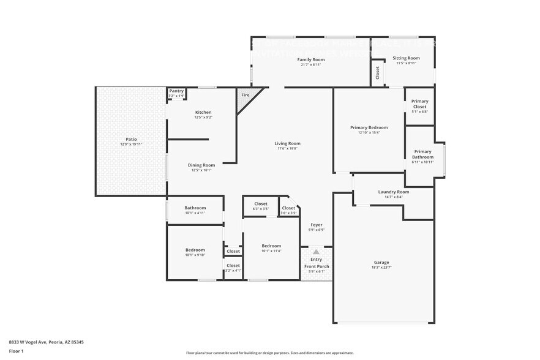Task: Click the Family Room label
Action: click(x=310, y=59)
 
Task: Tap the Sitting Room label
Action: click(x=406, y=58)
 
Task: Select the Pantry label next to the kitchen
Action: click(x=176, y=91)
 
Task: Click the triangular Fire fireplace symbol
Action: click(x=246, y=96)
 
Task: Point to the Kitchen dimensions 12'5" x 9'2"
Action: click(x=203, y=117)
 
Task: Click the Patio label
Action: click(x=131, y=140)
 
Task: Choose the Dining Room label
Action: click(x=201, y=165)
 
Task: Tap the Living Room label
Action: click(x=287, y=143)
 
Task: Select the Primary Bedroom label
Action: click(x=369, y=127)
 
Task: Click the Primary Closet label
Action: click(x=419, y=103)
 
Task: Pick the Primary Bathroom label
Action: click(x=422, y=154)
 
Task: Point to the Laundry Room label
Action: click(x=393, y=192)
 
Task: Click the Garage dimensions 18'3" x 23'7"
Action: click(x=381, y=268)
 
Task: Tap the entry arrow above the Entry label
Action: click(x=316, y=252)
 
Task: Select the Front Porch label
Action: click(x=316, y=266)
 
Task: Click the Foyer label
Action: click(x=317, y=225)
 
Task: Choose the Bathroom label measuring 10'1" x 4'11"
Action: click(x=195, y=208)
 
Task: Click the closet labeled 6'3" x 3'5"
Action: click(x=261, y=206)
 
